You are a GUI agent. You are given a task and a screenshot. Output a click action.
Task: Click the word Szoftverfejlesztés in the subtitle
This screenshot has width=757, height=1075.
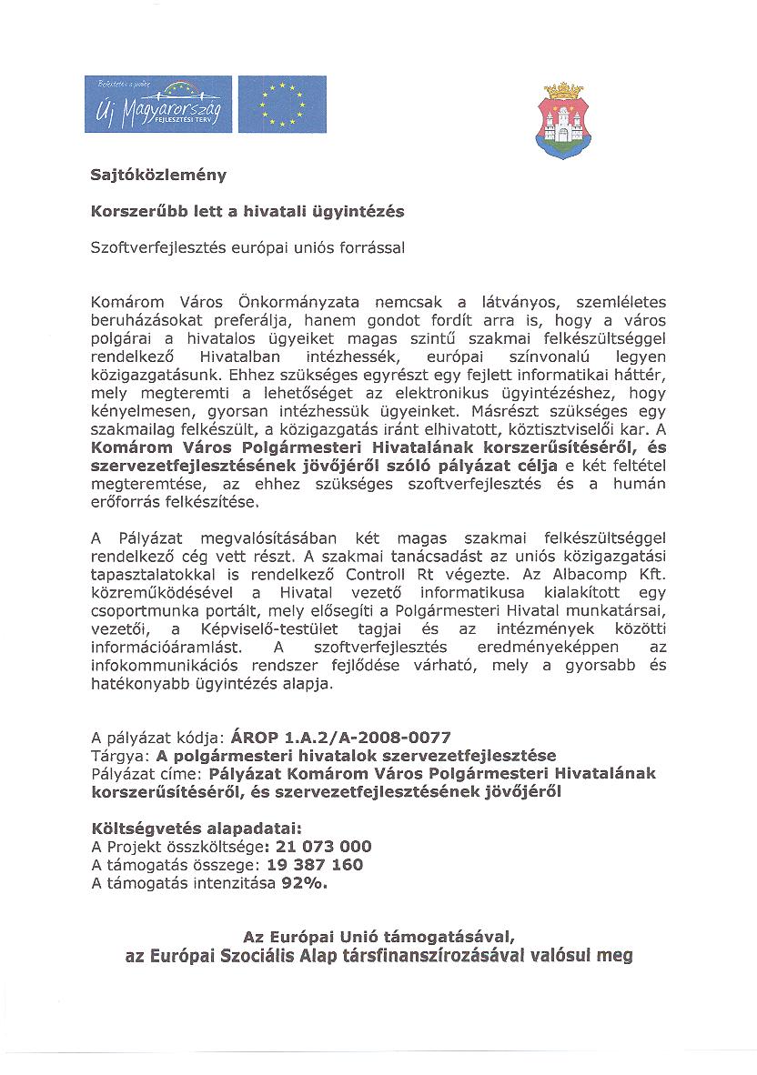(163, 246)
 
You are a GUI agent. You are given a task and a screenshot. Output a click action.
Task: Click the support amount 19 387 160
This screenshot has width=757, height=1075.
(314, 864)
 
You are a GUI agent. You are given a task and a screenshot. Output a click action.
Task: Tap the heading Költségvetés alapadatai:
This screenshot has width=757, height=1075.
(196, 829)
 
